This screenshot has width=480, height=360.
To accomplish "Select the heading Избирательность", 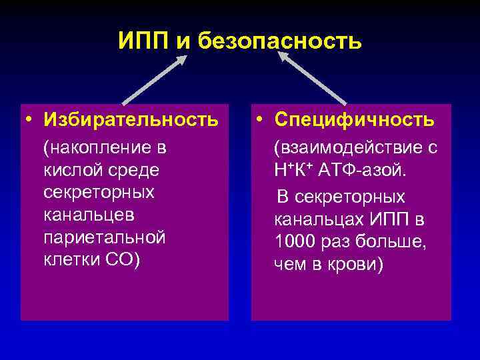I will (x=131, y=120).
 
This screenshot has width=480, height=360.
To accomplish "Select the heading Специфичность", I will (x=353, y=120).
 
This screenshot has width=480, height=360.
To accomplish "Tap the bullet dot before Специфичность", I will (x=261, y=121).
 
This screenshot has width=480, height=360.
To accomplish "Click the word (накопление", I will (x=97, y=147).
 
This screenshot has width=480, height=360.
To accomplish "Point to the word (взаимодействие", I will (x=347, y=148).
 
